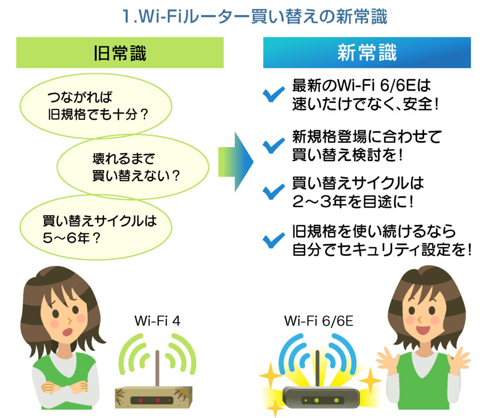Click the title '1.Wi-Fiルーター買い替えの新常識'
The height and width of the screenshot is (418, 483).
(254, 17)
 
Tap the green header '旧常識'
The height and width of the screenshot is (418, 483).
(120, 53)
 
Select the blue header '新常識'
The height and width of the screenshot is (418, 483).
(367, 53)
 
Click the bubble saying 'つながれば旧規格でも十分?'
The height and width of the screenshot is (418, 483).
(96, 106)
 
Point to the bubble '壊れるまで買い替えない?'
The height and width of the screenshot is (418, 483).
(133, 167)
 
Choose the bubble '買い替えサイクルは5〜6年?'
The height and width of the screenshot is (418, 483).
(96, 228)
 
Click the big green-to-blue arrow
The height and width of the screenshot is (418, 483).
(236, 162)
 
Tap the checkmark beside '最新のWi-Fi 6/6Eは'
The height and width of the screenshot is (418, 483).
(273, 94)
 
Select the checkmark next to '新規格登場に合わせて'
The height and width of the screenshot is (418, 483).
(273, 145)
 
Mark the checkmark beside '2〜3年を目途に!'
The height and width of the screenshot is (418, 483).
(273, 192)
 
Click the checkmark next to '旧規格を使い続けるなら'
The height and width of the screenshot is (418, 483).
(273, 240)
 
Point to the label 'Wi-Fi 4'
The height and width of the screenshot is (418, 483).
(157, 321)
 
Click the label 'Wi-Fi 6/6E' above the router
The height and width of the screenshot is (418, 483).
(318, 321)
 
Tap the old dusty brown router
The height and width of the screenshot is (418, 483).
(153, 397)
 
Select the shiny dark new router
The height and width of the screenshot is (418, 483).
(321, 398)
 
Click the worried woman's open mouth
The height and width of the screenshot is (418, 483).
(67, 332)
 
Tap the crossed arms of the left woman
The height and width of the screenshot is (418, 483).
(64, 387)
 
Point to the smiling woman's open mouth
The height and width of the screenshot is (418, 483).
(423, 330)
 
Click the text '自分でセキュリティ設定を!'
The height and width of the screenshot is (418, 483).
(382, 250)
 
